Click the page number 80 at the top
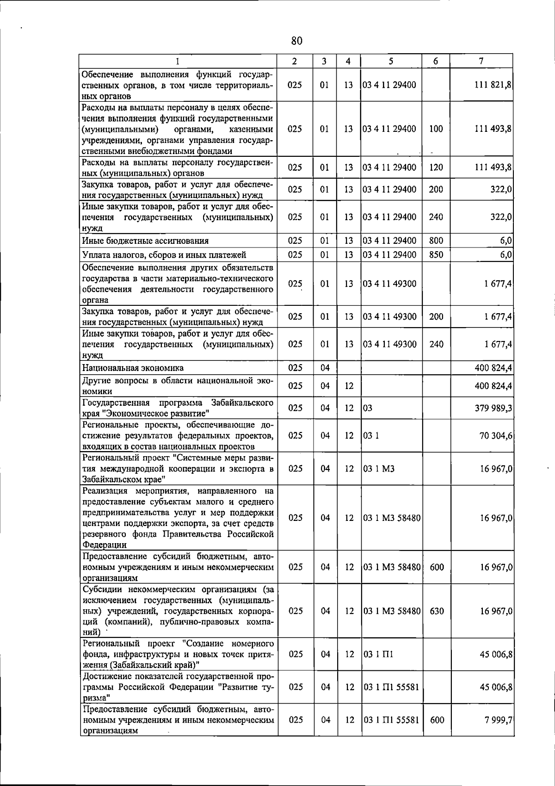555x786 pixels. tap(297, 41)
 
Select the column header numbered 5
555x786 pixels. tap(391, 61)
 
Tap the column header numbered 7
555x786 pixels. tap(481, 61)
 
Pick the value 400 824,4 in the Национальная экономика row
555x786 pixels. tap(493, 368)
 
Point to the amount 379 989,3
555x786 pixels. tap(493, 408)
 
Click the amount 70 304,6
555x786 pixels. tap(495, 435)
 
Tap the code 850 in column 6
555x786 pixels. tap(436, 255)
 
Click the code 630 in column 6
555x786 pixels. tap(437, 611)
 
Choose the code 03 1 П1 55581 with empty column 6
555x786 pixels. tap(391, 687)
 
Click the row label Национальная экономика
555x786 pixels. tap(133, 368)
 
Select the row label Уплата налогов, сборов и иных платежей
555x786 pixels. tap(164, 255)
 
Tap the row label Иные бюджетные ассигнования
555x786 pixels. tap(145, 241)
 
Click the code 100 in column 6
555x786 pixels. tap(436, 129)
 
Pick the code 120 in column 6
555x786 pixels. tap(436, 167)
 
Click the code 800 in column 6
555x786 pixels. tap(436, 241)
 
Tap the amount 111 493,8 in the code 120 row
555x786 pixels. tap(493, 167)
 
